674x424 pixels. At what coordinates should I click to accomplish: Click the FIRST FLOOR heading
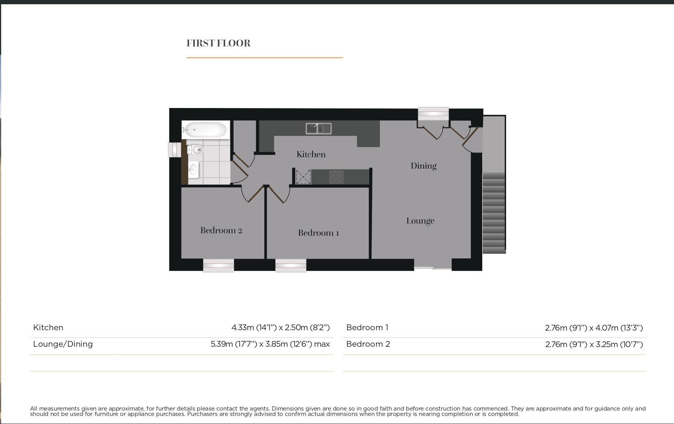pyautogui.click(x=218, y=43)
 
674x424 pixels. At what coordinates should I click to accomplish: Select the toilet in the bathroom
pyautogui.click(x=196, y=150)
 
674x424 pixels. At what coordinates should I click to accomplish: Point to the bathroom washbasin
pyautogui.click(x=193, y=170)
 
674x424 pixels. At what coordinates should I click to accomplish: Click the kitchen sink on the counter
pyautogui.click(x=319, y=128)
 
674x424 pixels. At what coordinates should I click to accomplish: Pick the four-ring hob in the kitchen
pyautogui.click(x=336, y=177)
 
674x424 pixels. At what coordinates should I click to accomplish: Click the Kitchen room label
pyautogui.click(x=311, y=155)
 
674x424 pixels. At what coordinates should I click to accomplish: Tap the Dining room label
pyautogui.click(x=423, y=166)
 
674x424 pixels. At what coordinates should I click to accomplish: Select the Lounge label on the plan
pyautogui.click(x=420, y=221)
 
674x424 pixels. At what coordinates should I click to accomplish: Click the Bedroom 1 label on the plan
pyautogui.click(x=318, y=233)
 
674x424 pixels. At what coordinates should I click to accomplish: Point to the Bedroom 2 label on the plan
pyautogui.click(x=221, y=231)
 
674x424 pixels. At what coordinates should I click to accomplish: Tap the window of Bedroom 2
pyautogui.click(x=218, y=265)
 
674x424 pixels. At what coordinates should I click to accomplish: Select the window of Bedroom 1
pyautogui.click(x=291, y=265)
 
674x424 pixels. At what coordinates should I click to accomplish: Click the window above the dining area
pyautogui.click(x=433, y=113)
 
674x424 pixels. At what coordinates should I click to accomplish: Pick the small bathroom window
pyautogui.click(x=174, y=150)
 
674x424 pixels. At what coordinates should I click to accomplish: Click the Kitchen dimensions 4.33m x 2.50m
pyautogui.click(x=281, y=328)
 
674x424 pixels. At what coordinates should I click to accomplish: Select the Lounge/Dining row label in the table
pyautogui.click(x=63, y=344)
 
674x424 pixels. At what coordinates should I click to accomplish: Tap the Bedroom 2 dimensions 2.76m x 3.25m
pyautogui.click(x=594, y=344)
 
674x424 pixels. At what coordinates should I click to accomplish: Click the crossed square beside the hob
pyautogui.click(x=303, y=177)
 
